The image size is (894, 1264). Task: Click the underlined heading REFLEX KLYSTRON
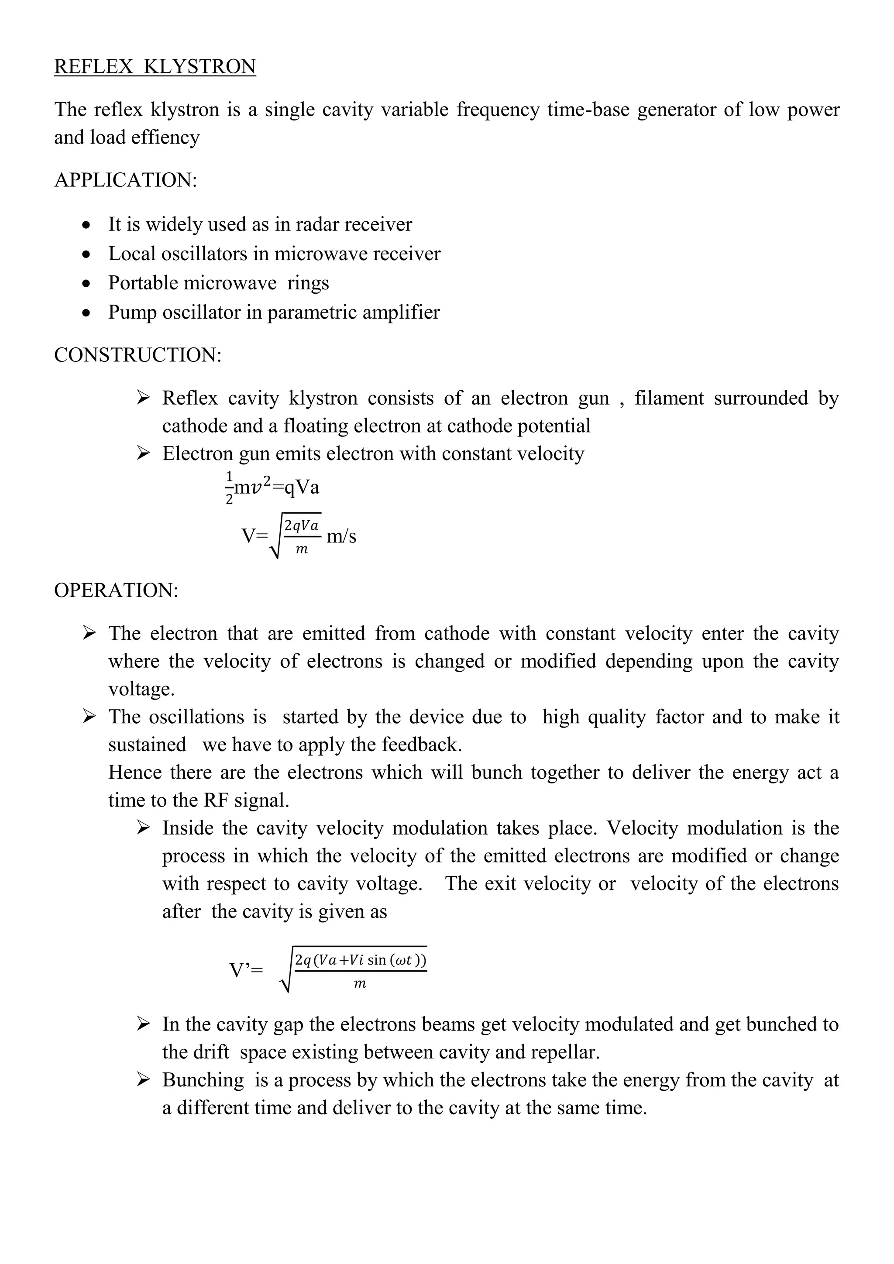point(155,67)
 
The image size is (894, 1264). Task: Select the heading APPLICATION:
point(126,180)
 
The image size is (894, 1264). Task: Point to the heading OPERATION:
point(116,590)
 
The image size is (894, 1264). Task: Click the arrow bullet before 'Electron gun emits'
point(143,453)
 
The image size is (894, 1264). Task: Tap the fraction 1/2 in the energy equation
point(229,487)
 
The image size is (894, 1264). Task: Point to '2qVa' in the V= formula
point(301,526)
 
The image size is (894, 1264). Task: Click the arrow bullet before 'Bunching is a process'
point(143,1080)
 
